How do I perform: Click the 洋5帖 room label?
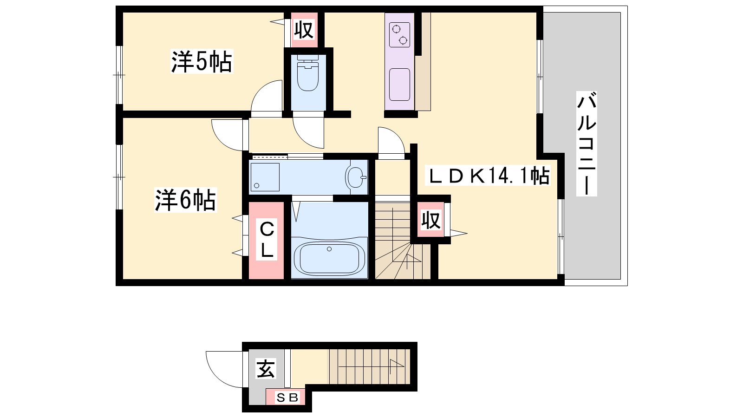202,61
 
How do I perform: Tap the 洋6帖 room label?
186,200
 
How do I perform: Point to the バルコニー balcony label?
587,144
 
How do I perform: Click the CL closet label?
267,240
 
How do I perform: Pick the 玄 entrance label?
265,369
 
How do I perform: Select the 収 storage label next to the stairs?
431,220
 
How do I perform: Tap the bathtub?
329,259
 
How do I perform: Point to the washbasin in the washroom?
356,177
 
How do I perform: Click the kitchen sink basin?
399,84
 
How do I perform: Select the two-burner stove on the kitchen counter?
399,34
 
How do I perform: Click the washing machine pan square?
265,177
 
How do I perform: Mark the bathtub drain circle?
329,249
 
